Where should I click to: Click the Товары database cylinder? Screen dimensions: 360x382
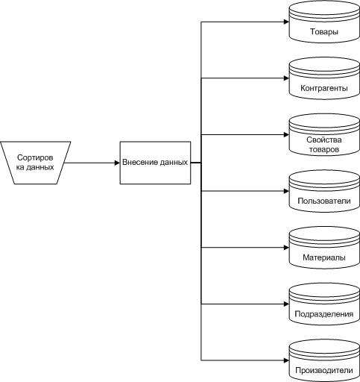pos(324,22)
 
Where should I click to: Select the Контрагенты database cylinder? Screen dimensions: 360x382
pos(324,78)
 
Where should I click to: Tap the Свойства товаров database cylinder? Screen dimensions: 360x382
pos(324,135)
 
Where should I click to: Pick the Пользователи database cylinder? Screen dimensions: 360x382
pos(324,191)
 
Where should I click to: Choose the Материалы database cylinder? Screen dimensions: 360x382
pos(324,248)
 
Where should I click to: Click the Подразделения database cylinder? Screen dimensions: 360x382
pos(324,304)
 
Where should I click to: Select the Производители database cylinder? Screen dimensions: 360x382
pos(324,360)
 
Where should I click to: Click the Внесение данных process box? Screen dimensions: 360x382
pos(155,163)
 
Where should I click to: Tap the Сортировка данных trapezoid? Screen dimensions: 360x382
pos(35,163)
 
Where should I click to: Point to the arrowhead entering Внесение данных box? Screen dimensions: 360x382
pos(117,163)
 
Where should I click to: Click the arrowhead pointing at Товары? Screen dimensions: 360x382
pos(286,22)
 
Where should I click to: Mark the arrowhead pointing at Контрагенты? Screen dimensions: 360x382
pos(286,78)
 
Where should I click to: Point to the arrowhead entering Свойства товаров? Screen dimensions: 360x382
pos(286,135)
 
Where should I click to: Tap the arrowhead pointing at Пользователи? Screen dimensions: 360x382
pos(286,191)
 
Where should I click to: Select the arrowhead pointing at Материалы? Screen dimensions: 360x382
pos(286,248)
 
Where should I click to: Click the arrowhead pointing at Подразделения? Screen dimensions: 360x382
pos(286,304)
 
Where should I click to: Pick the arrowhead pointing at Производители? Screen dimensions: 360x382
pos(286,360)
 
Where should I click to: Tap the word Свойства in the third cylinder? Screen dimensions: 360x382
pos(324,140)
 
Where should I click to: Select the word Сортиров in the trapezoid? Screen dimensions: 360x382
pos(35,158)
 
